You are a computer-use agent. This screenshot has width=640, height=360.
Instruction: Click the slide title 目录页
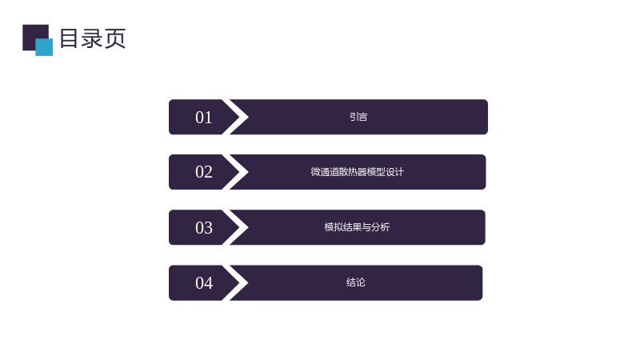(x=93, y=38)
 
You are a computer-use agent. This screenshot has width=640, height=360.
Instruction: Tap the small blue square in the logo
(x=44, y=47)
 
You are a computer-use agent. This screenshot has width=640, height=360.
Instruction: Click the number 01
(x=204, y=118)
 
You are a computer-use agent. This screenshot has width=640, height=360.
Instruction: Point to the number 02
(x=204, y=172)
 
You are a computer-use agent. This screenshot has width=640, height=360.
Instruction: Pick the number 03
(x=204, y=228)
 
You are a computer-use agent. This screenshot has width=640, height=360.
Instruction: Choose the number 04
(x=204, y=283)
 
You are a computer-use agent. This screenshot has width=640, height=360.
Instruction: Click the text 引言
(x=358, y=117)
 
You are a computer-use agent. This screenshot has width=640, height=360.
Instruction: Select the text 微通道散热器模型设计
(x=357, y=172)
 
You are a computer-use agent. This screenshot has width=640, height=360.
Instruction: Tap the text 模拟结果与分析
(x=357, y=227)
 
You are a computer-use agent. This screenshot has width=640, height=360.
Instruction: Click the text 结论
(x=355, y=282)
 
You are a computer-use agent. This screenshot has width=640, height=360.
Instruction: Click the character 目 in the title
(x=69, y=38)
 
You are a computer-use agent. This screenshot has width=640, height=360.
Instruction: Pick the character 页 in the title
(x=115, y=38)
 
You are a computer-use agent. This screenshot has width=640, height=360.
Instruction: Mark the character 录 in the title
(x=92, y=38)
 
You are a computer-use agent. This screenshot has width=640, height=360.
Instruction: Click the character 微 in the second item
(x=315, y=172)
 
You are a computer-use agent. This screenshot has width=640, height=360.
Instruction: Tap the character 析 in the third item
(x=386, y=227)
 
